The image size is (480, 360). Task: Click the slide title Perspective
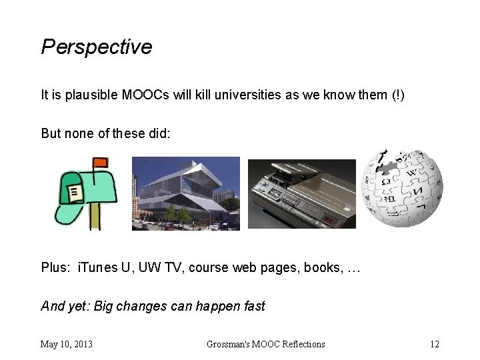97,47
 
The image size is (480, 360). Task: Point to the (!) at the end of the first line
397,95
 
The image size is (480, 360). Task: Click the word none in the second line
81,133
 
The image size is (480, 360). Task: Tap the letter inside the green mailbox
75,193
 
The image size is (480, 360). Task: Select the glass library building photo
185,193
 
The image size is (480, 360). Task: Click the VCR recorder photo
301,194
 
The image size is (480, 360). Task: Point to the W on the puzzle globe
411,175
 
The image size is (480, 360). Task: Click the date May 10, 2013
67,344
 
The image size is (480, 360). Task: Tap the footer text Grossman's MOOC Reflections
265,344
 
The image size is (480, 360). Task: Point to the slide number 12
435,344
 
